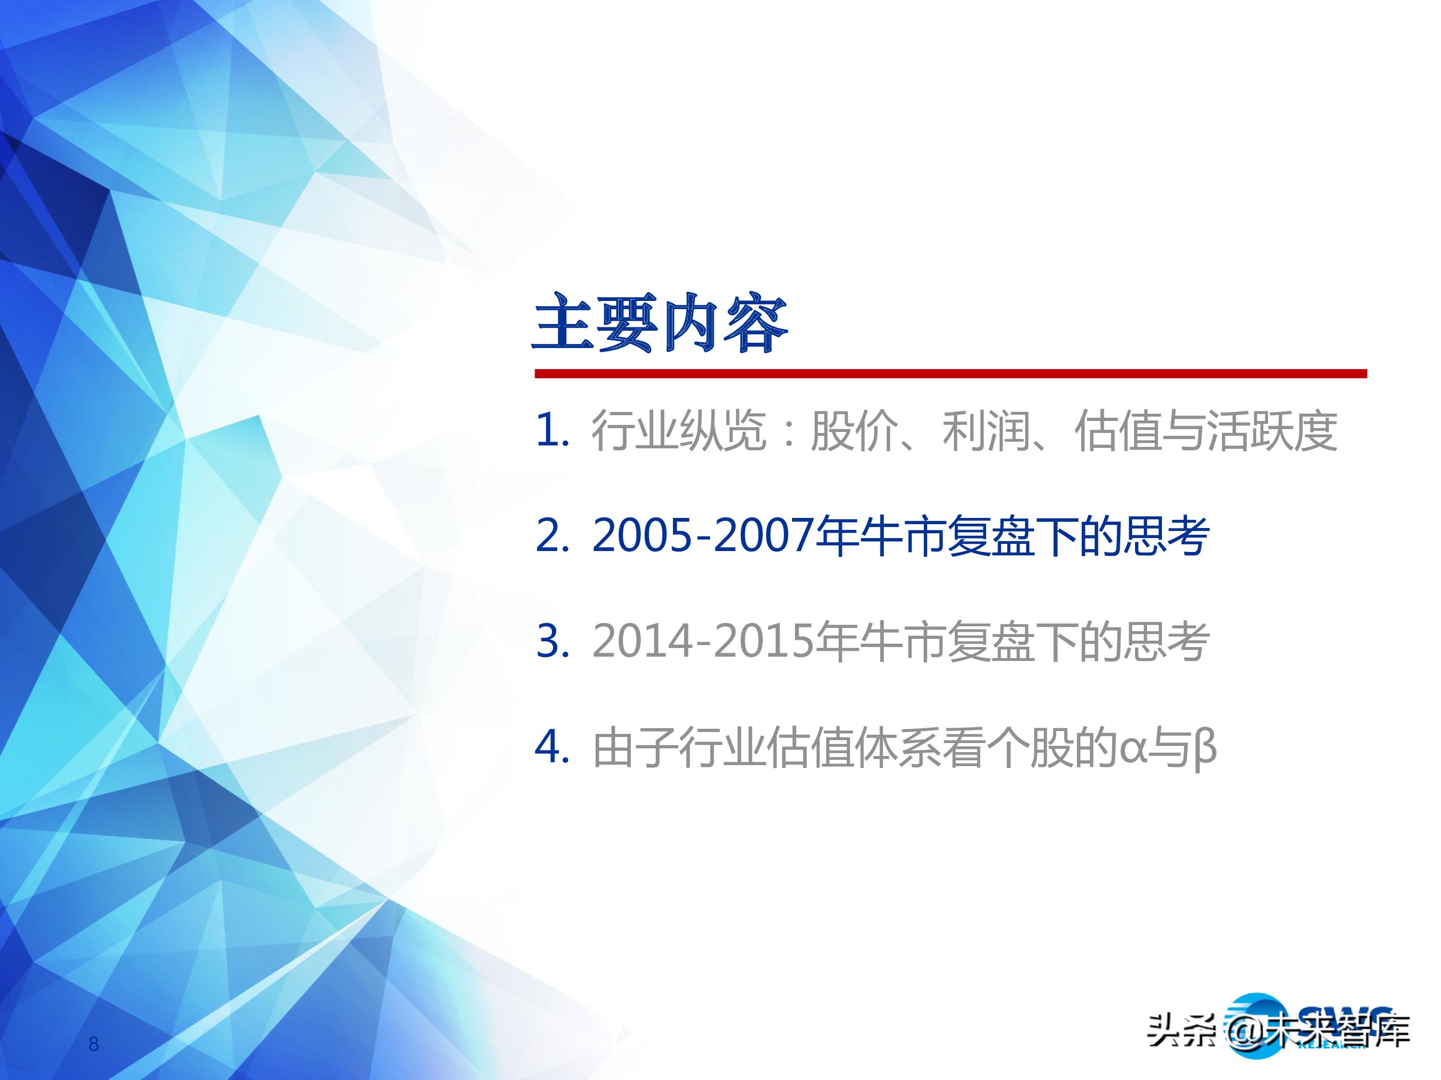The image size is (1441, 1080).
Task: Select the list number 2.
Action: tap(550, 537)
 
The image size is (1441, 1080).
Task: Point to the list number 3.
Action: tap(550, 641)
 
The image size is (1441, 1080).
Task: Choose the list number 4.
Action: tap(550, 747)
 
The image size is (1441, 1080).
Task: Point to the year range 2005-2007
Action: tap(702, 537)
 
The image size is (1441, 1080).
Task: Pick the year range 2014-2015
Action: tap(702, 641)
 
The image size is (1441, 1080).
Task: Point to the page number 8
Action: tap(94, 1044)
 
